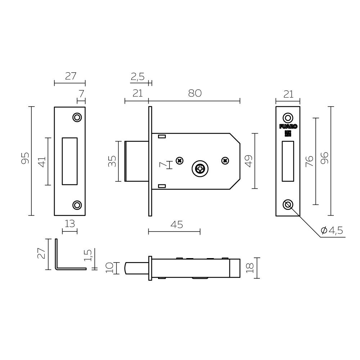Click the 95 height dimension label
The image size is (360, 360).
pos(24,158)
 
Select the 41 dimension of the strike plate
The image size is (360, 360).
pos(42,161)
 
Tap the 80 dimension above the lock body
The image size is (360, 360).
pos(194,93)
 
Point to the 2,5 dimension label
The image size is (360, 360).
pos(138,76)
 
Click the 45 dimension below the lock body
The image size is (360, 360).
pos(176,225)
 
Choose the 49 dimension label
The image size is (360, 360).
pos(249,161)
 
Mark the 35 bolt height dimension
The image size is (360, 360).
pos(112,161)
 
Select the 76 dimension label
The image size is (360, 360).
pos(309,161)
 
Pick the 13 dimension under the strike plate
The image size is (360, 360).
pos(69,224)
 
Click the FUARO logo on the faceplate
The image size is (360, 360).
pos(288,126)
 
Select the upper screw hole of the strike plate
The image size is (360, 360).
pos(77,117)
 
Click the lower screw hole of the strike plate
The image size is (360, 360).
pos(77,205)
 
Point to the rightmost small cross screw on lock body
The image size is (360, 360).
pos(225,160)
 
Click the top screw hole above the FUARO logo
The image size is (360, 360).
pos(287,118)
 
